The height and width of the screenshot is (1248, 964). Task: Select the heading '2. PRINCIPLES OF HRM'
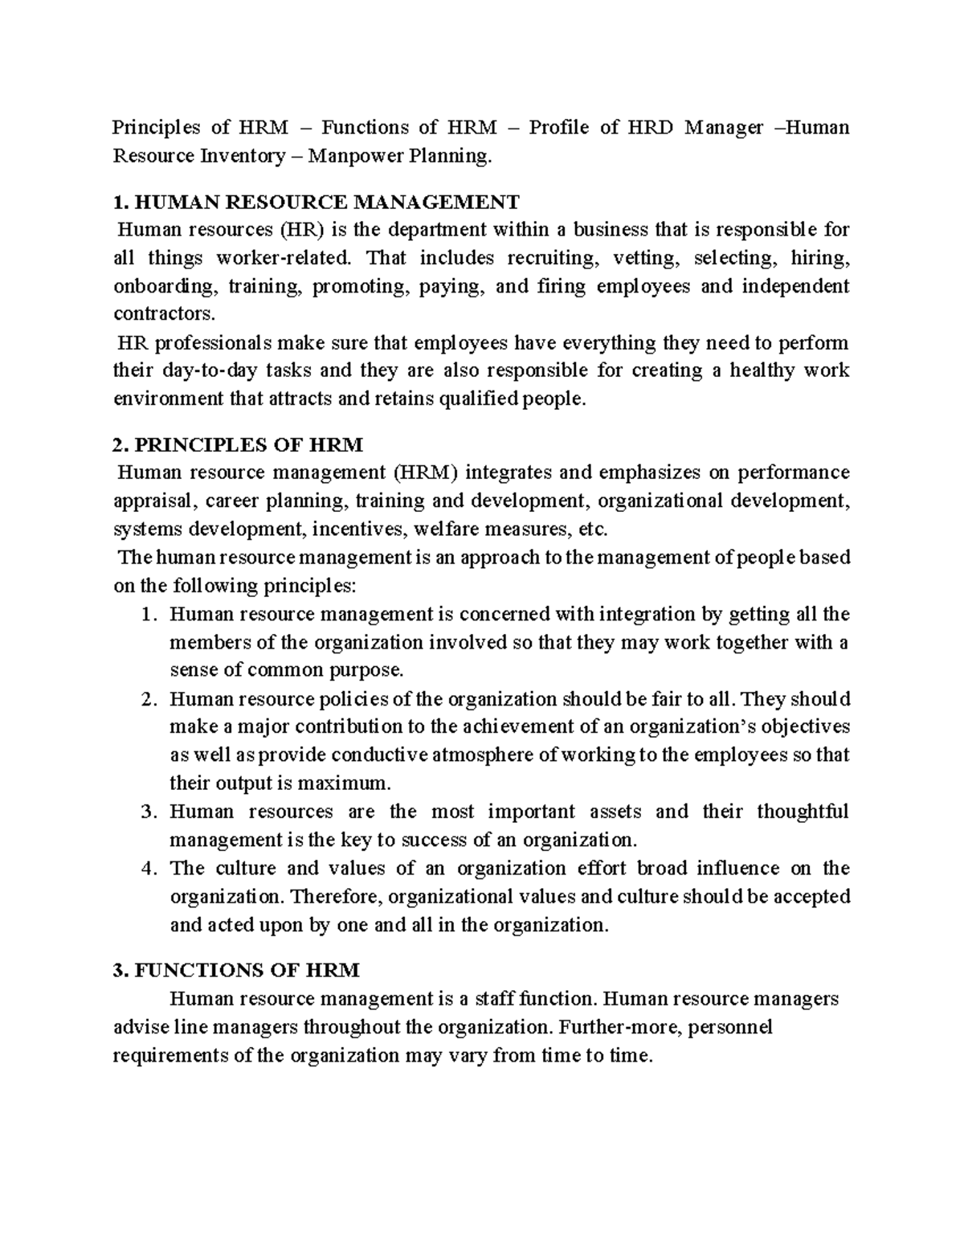[239, 444]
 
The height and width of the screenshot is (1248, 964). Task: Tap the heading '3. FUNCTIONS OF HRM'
[236, 970]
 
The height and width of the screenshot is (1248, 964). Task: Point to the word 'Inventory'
[240, 156]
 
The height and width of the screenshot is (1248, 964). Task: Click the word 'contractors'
[165, 314]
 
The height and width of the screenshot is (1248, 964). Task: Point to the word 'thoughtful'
[802, 812]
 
